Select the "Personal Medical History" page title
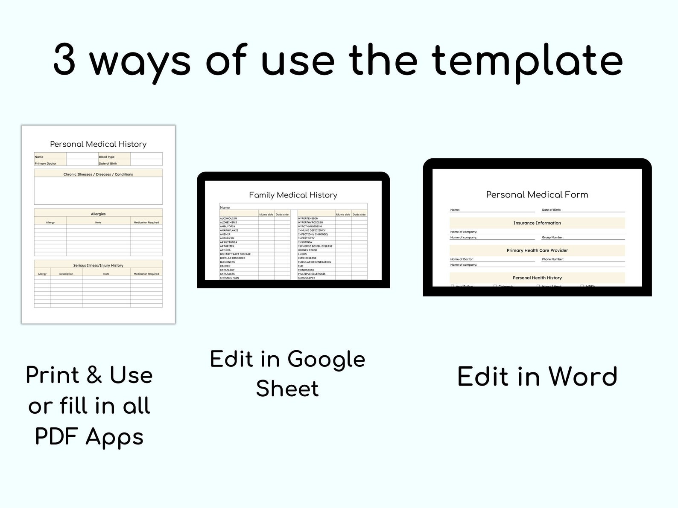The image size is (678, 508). (98, 144)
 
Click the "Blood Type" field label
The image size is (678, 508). (107, 157)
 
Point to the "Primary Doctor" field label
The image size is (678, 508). (45, 163)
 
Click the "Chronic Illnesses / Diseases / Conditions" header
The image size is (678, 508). (98, 174)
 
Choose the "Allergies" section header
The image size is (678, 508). (98, 214)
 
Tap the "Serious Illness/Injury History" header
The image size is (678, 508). (98, 265)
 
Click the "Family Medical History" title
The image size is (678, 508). (293, 195)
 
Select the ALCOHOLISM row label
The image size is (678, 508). (228, 218)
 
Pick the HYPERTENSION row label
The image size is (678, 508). (308, 218)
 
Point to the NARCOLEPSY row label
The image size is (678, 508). (307, 278)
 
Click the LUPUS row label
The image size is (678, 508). (302, 254)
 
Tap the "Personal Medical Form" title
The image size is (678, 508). (537, 194)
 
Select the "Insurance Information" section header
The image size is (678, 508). (537, 223)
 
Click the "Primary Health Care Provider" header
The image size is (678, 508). (537, 250)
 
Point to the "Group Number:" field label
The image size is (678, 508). (552, 237)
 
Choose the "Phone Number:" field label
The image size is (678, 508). (552, 259)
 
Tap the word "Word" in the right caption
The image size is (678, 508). (583, 377)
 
